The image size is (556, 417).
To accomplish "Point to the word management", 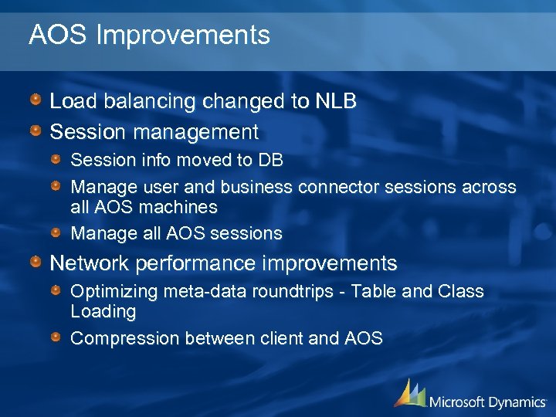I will click(196, 132).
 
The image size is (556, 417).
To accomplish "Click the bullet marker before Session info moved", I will click(57, 161).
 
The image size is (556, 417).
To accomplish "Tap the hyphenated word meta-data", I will click(202, 292).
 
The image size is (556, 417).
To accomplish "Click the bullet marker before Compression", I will click(57, 337).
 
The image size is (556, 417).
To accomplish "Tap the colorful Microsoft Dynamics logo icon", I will click(409, 394).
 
